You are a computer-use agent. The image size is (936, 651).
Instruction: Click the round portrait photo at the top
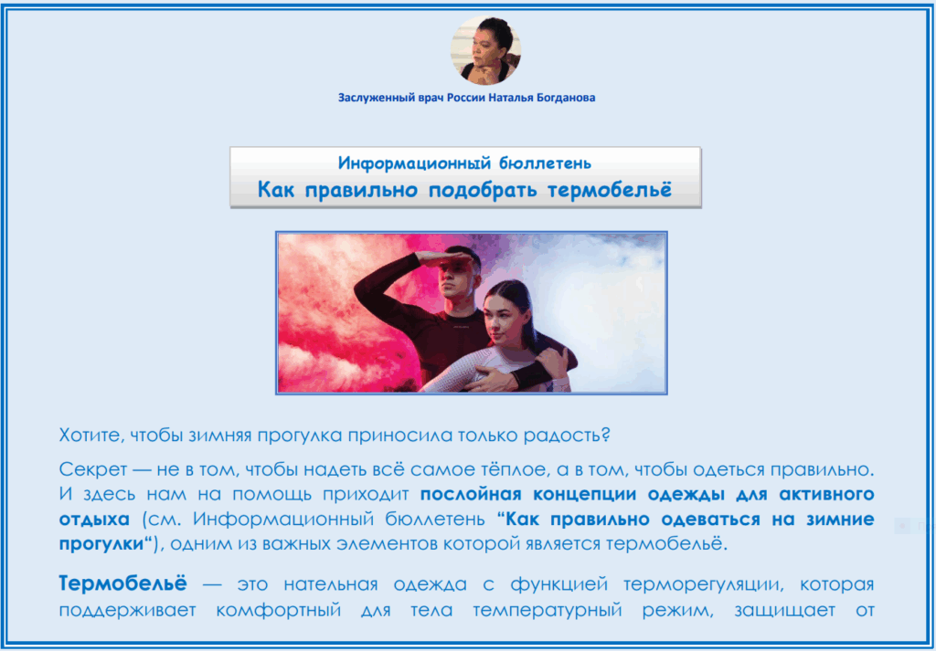485,50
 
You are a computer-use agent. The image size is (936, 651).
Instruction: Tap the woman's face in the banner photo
505,316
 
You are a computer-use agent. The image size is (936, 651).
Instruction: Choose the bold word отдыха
94,520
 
